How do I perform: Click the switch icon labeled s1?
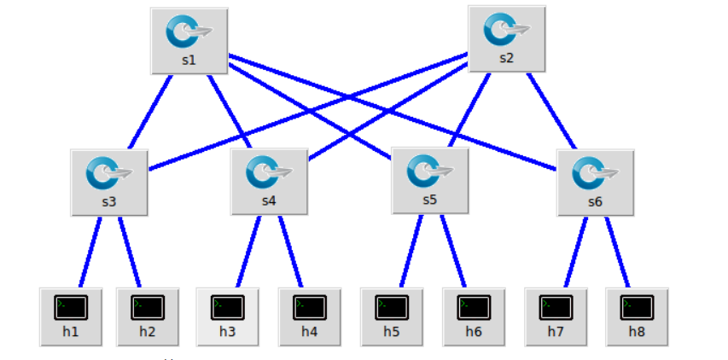click(189, 39)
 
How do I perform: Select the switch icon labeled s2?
click(507, 38)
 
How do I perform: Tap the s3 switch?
click(109, 181)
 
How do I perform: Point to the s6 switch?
click(595, 181)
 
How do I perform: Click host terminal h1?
click(70, 316)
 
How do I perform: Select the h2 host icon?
click(147, 316)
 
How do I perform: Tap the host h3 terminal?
click(227, 316)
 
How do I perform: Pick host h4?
click(309, 316)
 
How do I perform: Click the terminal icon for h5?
click(391, 316)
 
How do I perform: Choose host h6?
click(473, 316)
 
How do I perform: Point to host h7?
click(555, 316)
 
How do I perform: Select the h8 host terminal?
click(637, 316)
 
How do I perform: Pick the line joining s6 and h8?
click(617, 252)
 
